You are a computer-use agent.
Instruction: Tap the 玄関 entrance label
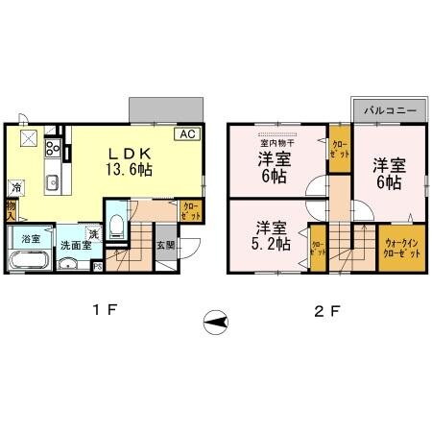[x=165, y=244]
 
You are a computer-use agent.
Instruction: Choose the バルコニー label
[x=389, y=111]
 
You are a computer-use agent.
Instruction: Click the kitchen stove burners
[x=54, y=149]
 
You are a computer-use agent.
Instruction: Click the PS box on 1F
[x=98, y=266]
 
